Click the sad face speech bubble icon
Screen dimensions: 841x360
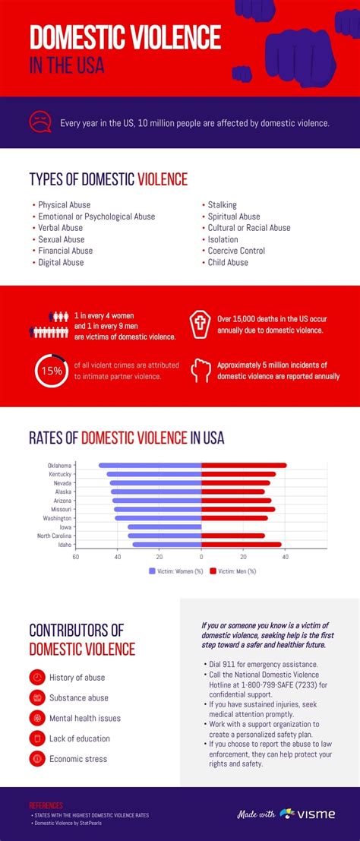coord(40,122)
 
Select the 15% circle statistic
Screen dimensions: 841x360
coord(51,371)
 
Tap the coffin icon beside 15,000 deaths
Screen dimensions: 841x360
coord(199,324)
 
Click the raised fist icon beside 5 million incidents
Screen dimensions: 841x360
coord(199,370)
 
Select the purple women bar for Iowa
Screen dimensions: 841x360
coord(164,526)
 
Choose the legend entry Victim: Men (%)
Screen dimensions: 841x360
coord(232,571)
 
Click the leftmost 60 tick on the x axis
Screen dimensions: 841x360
coord(75,556)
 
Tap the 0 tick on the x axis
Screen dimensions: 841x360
coord(201,556)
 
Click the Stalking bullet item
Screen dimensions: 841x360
coord(222,205)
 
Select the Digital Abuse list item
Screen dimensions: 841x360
coord(61,262)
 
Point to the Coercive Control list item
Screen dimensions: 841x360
coord(236,251)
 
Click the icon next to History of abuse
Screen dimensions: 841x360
coord(36,677)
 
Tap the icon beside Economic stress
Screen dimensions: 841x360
coord(36,758)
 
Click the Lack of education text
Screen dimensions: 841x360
coord(80,738)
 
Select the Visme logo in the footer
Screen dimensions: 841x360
coord(307,814)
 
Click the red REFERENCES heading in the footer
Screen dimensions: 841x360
coord(46,805)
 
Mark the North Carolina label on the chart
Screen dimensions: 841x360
coord(54,536)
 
